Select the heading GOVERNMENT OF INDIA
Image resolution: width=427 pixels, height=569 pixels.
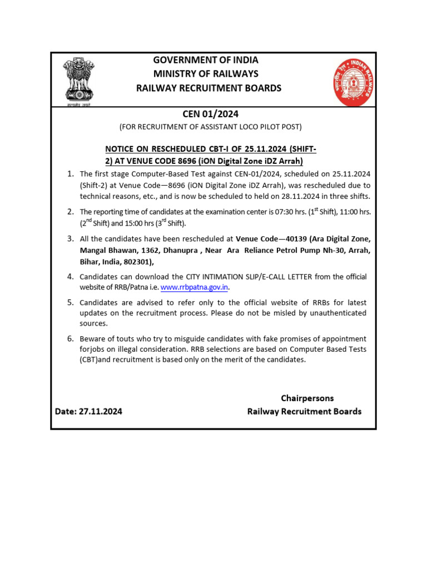tap(206, 60)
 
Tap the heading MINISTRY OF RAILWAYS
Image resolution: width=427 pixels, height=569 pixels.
tap(206, 74)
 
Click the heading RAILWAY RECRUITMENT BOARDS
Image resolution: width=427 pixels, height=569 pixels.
tap(209, 88)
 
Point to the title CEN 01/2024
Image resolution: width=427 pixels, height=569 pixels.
tap(210, 114)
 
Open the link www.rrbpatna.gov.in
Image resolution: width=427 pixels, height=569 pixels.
tap(195, 287)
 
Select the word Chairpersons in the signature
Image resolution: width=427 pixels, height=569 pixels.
tap(307, 398)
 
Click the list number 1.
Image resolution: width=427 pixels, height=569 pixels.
tap(71, 174)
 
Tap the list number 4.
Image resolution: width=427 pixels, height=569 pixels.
tap(71, 276)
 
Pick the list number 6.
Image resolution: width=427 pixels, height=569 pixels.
tap(71, 338)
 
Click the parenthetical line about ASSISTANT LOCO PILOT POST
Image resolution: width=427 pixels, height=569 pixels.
tap(210, 127)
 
